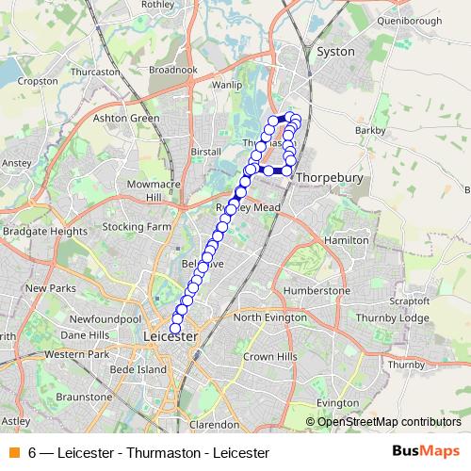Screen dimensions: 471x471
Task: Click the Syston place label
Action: click(336, 52)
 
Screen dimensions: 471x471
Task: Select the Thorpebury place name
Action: click(324, 176)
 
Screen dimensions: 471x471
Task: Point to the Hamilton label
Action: click(346, 241)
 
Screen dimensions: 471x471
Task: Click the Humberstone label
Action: click(317, 291)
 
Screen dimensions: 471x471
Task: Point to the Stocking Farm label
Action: click(137, 227)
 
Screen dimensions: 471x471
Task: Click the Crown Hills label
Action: click(269, 357)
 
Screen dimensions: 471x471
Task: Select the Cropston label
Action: click(38, 81)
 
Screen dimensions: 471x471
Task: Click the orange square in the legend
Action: click(13, 453)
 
